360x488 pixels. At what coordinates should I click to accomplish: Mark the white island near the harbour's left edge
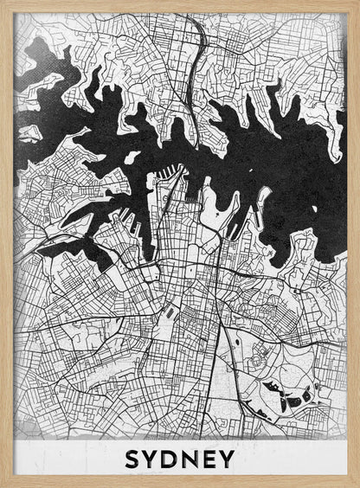29,132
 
